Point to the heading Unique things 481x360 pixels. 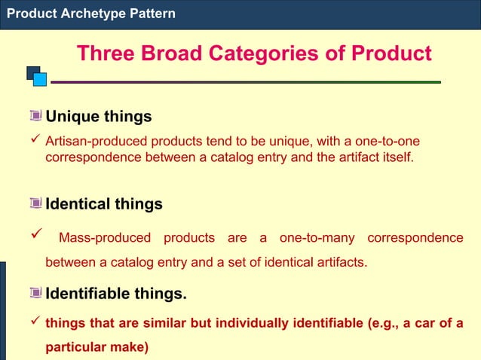coord(99,117)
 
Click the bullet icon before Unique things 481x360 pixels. coord(35,117)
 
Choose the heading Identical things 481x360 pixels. coord(104,204)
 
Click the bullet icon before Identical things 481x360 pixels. coord(35,204)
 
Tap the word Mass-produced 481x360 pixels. coord(105,238)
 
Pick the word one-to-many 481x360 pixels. coord(317,238)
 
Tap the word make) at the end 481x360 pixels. coord(131,348)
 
